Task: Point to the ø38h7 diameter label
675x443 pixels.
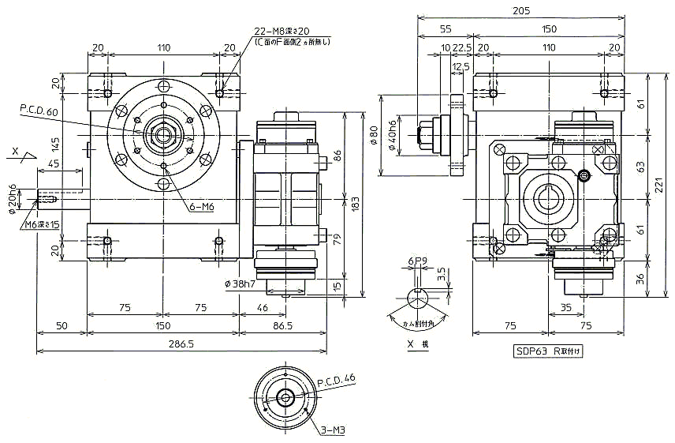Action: coord(240,283)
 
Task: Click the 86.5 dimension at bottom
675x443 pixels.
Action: coord(293,324)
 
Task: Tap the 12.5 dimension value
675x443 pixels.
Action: coord(462,66)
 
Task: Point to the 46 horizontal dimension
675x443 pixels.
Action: coord(262,308)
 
